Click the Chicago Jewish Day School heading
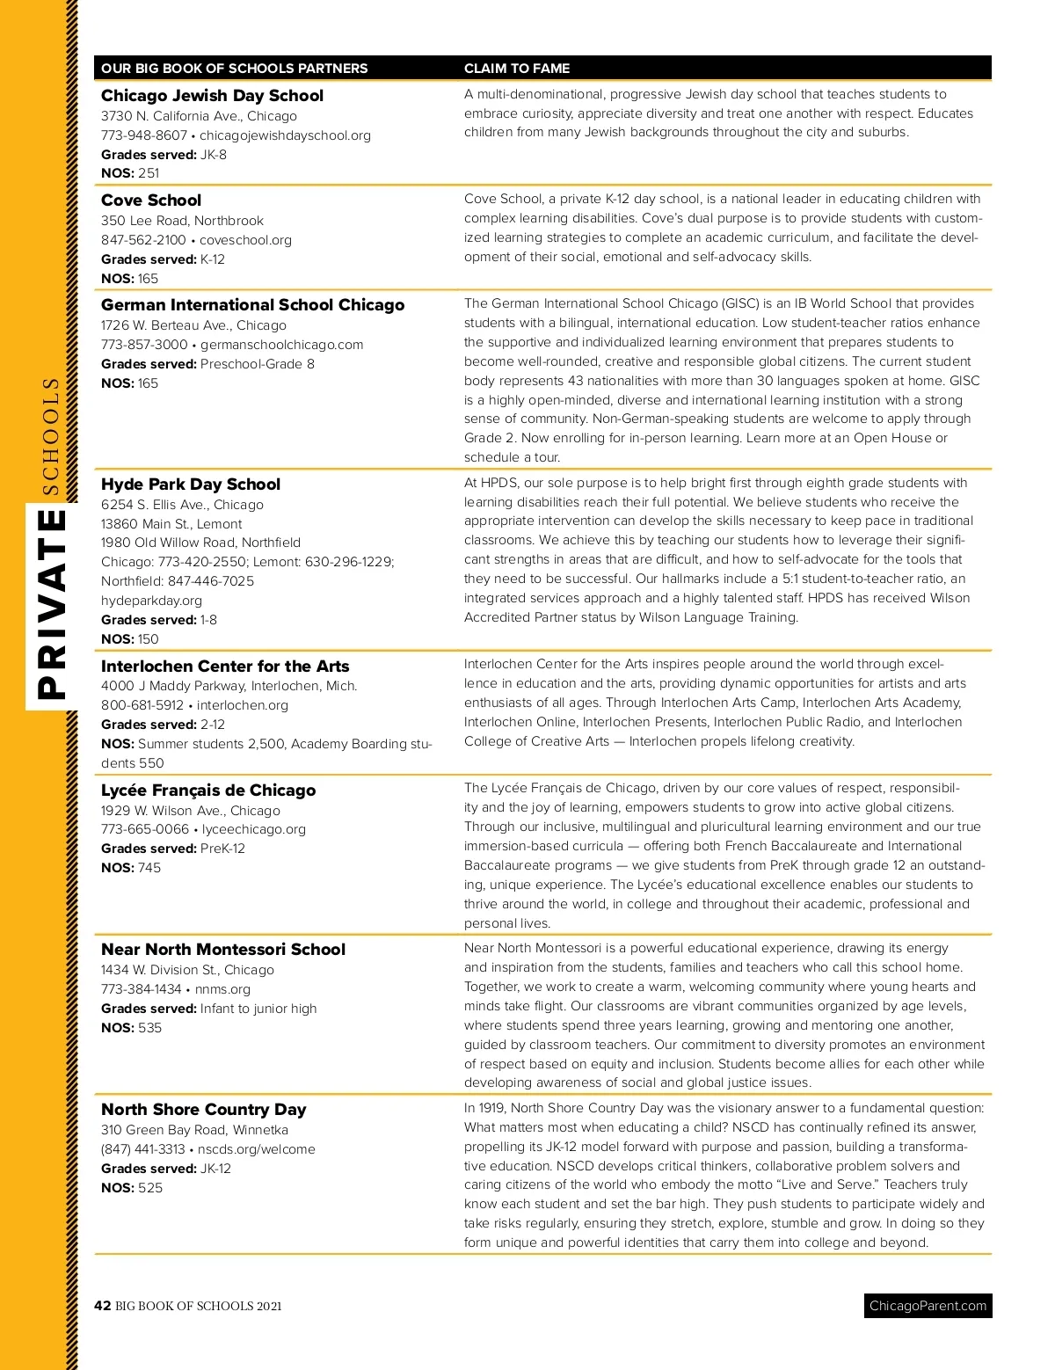click(x=212, y=96)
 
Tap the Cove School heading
click(x=151, y=200)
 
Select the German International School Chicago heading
click(x=252, y=305)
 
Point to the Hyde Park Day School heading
click(x=191, y=485)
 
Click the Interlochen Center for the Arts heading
click(x=225, y=667)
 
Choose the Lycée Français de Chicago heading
click(x=208, y=791)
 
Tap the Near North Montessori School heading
click(x=223, y=950)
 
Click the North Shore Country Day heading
click(x=204, y=1110)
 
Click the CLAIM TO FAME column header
click(x=517, y=69)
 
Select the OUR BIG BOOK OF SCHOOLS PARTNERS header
click(x=235, y=69)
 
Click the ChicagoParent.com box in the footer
click(x=928, y=1306)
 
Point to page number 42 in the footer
click(x=103, y=1306)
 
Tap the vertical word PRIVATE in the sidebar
click(x=53, y=605)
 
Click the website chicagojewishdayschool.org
click(x=285, y=135)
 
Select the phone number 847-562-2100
click(x=143, y=240)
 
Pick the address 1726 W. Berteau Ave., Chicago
click(x=193, y=325)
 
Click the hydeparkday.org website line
click(x=151, y=601)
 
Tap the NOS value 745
click(x=149, y=868)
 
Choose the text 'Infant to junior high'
click(x=258, y=1009)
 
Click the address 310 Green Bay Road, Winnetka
click(x=194, y=1130)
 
